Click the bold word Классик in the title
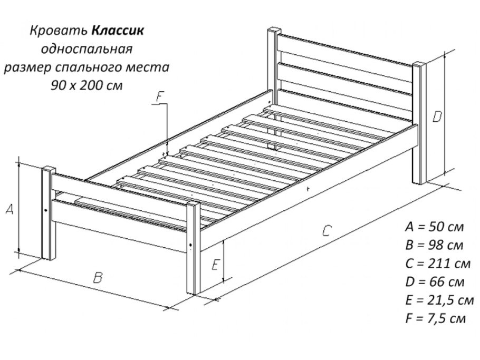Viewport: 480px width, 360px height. coord(118,31)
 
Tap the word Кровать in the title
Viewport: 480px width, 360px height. coord(59,31)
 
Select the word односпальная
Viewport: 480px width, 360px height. coord(87,49)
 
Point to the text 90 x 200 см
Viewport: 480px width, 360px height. coord(87,85)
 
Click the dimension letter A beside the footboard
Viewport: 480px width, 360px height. coord(9,209)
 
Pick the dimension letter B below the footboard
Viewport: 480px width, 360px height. coord(97,278)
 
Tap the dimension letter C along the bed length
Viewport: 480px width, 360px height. coord(327,230)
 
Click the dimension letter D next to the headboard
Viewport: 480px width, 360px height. coord(437,117)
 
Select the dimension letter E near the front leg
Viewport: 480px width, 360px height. coord(214,265)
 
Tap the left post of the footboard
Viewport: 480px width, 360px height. coord(48,213)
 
